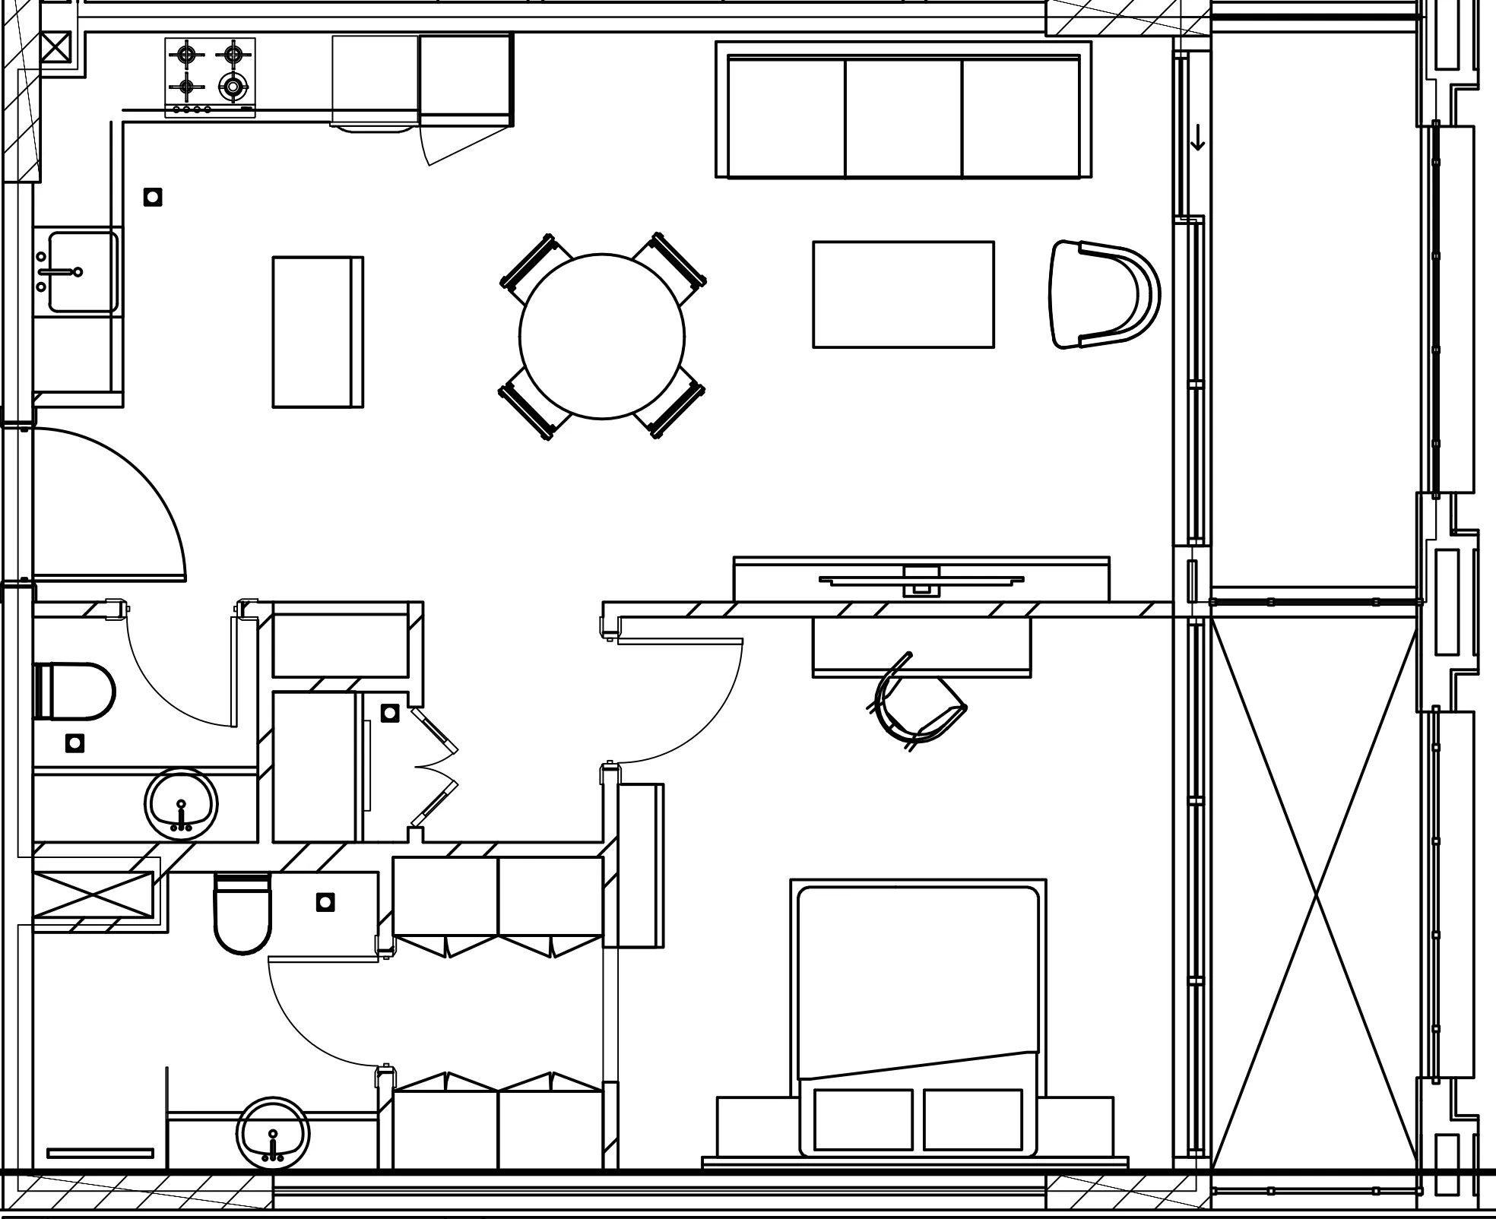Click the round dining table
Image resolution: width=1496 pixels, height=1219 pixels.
(x=601, y=336)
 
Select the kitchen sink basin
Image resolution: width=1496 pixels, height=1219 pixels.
(x=83, y=271)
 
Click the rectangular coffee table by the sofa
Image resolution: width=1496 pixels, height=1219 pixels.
(x=903, y=294)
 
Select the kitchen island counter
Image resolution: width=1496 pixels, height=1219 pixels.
(x=318, y=331)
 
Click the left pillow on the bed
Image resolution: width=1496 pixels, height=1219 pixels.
(x=863, y=1119)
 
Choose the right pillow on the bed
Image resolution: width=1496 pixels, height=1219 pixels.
(x=972, y=1119)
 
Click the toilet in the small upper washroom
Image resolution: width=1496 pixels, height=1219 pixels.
(x=74, y=691)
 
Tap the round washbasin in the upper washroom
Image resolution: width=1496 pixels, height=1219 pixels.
(x=181, y=805)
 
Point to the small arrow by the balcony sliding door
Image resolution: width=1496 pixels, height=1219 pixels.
(x=1197, y=138)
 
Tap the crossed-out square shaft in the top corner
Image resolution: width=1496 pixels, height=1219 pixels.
(x=55, y=48)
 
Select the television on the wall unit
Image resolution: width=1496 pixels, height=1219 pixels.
(x=921, y=581)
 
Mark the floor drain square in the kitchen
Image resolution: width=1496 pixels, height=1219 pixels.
(x=153, y=198)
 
